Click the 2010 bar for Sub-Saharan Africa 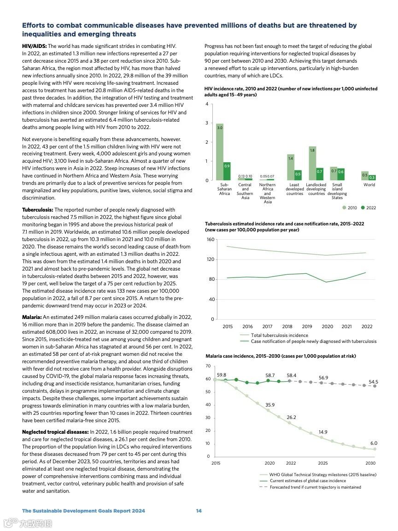coord(220,152)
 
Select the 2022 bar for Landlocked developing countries coord(320,174)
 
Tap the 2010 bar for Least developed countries coord(291,167)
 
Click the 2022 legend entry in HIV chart coord(368,208)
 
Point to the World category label coord(369,185)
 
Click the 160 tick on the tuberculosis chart coord(211,240)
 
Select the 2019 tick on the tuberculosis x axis coord(307,327)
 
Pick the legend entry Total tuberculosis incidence coord(279,335)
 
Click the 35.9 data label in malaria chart coord(270,405)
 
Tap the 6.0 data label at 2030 coord(374,443)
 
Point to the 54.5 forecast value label coord(373,382)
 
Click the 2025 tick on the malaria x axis coord(323,463)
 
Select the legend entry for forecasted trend coord(315,487)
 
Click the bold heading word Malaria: coord(32,317)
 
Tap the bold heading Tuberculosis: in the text coord(38,210)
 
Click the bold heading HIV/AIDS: coord(35,46)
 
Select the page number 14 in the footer coord(199,511)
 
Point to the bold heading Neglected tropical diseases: coord(55,432)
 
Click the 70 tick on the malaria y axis coord(208,366)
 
